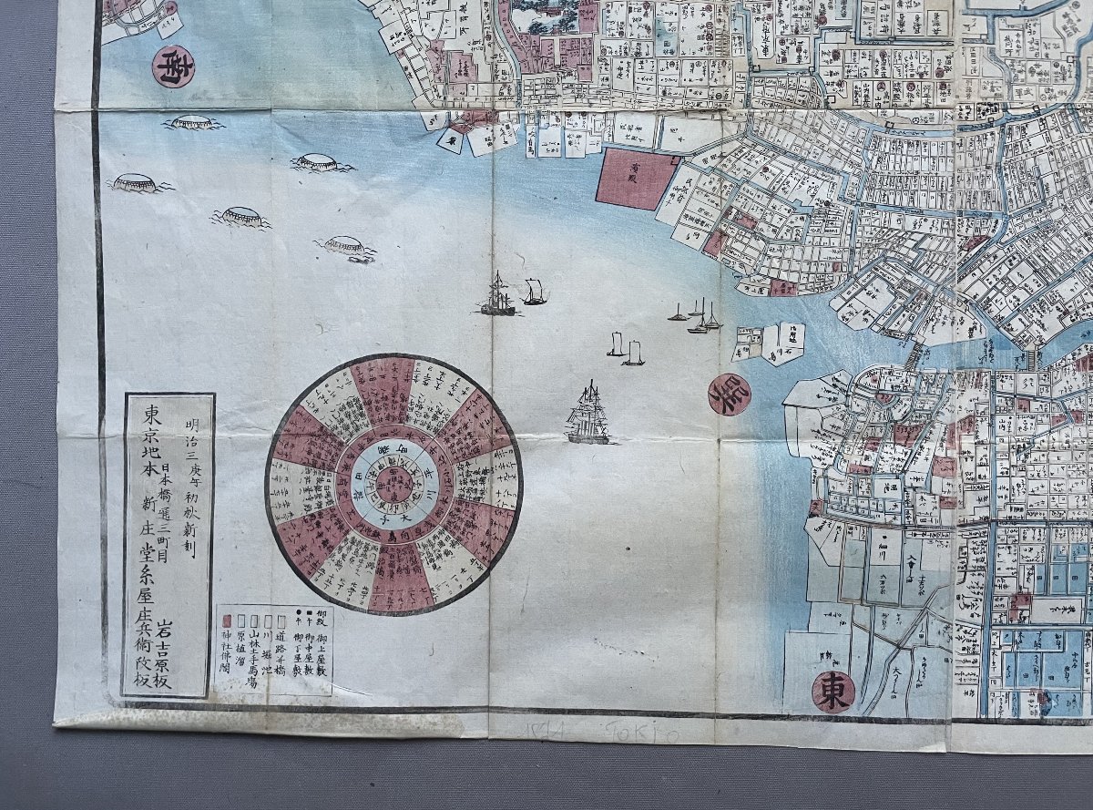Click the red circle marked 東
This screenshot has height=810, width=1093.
coord(833,691)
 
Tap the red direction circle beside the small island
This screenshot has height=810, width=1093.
coord(730,394)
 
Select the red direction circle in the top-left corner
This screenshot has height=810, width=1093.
coord(173,66)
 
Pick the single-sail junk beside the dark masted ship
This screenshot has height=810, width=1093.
coord(535,292)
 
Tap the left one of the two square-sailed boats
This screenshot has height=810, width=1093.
coord(617,344)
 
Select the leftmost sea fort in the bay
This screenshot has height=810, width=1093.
coord(135,183)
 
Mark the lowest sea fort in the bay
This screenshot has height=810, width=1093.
coord(346,247)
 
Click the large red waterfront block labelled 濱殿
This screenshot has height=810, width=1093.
coord(634,179)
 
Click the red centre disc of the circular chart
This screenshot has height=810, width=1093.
coord(393,483)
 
